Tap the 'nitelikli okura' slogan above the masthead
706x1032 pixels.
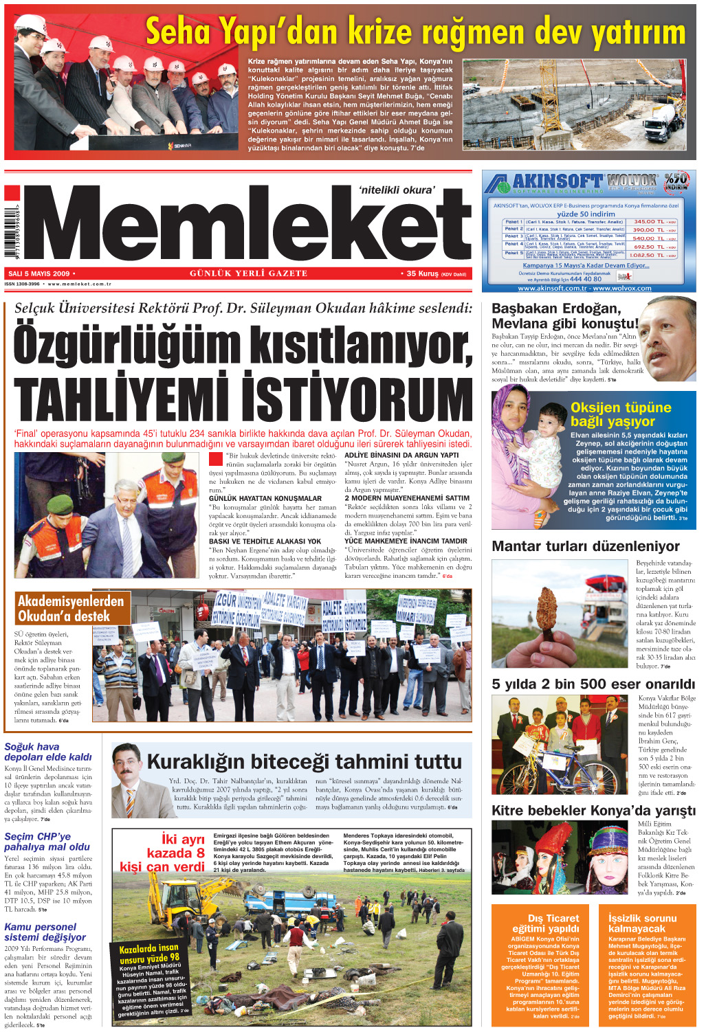(397, 190)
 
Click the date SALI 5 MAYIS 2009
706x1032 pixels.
(39, 273)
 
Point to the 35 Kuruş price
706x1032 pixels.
(422, 273)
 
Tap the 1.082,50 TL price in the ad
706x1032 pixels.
(649, 255)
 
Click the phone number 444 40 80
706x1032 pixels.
(585, 279)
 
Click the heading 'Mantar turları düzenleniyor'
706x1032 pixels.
(586, 546)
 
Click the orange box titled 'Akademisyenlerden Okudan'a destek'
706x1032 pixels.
(71, 608)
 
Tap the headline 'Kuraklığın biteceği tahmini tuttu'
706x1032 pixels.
(304, 761)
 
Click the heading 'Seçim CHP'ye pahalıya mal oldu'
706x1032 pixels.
(47, 842)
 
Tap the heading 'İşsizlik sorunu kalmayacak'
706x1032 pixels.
(642, 923)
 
